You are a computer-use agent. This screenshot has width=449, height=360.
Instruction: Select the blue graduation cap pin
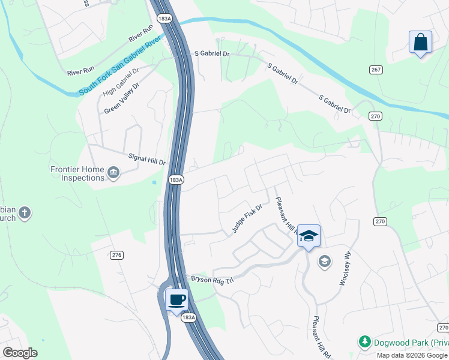pyautogui.click(x=309, y=236)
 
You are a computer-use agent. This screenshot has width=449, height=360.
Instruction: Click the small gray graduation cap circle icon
pyautogui.click(x=325, y=261)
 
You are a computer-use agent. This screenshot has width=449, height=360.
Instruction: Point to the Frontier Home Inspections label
pyautogui.click(x=77, y=174)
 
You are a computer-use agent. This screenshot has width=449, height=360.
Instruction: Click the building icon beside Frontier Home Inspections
pyautogui.click(x=112, y=174)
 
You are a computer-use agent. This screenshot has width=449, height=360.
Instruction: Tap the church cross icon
pyautogui.click(x=25, y=212)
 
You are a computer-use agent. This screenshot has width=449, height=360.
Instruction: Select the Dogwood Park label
pyautogui.click(x=411, y=343)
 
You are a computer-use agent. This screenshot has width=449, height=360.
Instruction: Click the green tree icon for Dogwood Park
pyautogui.click(x=364, y=342)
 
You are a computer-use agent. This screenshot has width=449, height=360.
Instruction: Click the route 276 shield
pyautogui.click(x=116, y=255)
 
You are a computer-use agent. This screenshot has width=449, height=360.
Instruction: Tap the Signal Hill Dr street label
pyautogui.click(x=147, y=158)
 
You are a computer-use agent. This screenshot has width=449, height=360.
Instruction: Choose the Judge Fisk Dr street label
pyautogui.click(x=248, y=219)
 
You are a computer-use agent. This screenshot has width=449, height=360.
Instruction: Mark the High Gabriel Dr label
pyautogui.click(x=120, y=82)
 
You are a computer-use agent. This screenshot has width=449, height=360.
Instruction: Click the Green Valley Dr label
pyautogui.click(x=121, y=98)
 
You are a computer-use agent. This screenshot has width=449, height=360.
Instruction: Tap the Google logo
pyautogui.click(x=20, y=352)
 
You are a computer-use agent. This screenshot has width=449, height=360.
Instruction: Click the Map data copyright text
pyautogui.click(x=412, y=355)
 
